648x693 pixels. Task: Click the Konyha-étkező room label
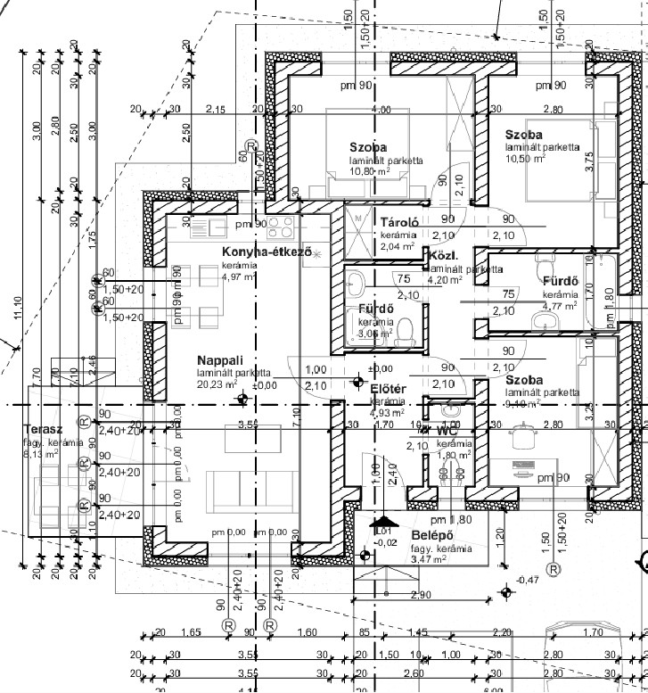pos(267,252)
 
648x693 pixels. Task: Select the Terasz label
pos(42,429)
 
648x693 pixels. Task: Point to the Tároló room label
pos(399,223)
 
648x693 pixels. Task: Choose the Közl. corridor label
pos(443,255)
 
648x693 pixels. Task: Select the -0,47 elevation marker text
pos(528,581)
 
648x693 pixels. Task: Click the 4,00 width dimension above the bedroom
pos(381,110)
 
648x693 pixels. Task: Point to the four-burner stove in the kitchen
pos(281,223)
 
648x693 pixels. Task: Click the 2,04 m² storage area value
pos(397,246)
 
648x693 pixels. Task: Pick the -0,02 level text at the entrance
pos(385,542)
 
